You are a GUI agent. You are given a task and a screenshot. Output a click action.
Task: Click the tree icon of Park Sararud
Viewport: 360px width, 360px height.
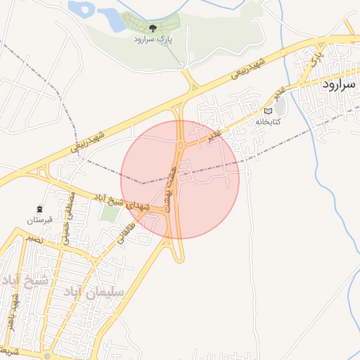153,28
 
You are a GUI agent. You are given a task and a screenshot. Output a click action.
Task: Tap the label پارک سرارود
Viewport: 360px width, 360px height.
153,40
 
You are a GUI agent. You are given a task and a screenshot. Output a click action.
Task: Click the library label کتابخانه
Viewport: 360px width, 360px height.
267,122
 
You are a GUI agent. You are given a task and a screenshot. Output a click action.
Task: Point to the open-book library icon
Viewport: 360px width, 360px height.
267,111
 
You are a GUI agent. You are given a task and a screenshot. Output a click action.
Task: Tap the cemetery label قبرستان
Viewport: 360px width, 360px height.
39,221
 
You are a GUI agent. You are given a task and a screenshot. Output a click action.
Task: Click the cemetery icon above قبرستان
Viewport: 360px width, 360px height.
39,210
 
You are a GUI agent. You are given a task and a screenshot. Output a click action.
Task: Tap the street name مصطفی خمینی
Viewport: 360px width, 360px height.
68,218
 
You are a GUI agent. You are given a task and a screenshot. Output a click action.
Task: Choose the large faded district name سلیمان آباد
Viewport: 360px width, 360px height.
93,291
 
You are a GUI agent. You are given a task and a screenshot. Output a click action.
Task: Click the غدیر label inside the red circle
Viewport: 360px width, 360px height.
214,134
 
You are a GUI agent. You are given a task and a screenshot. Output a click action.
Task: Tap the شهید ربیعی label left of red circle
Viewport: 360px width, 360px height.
88,141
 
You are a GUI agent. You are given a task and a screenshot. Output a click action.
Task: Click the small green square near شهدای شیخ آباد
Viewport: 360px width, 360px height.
108,212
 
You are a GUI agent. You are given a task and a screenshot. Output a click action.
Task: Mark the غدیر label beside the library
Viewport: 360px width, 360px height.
279,94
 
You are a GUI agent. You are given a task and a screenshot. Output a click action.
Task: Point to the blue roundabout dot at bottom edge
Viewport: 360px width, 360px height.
47,356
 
